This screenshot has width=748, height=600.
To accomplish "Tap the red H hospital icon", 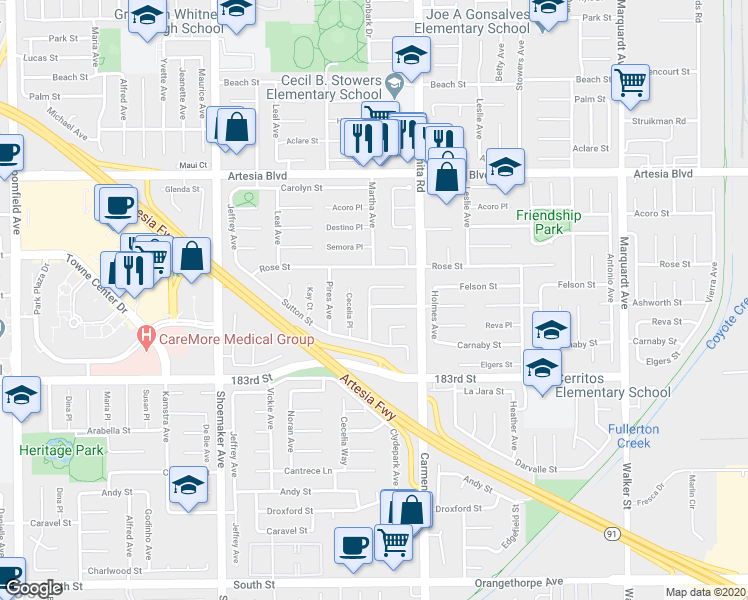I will point(147,338).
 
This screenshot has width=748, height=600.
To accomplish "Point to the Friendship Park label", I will point(548,222).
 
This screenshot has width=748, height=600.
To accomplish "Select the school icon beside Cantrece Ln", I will point(187,485).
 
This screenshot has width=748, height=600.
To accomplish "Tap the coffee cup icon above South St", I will point(353,545).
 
